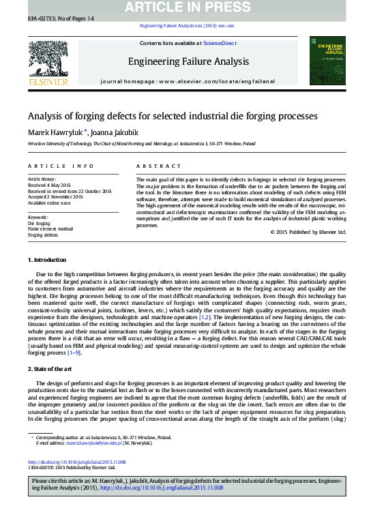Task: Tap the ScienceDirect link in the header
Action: point(220,44)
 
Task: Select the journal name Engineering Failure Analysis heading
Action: point(188,62)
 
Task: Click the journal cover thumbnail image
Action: point(327,61)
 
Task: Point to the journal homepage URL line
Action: point(188,81)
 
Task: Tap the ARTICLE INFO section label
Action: point(61,166)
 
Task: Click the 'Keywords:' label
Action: point(38,217)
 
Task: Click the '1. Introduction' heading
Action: point(47,260)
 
